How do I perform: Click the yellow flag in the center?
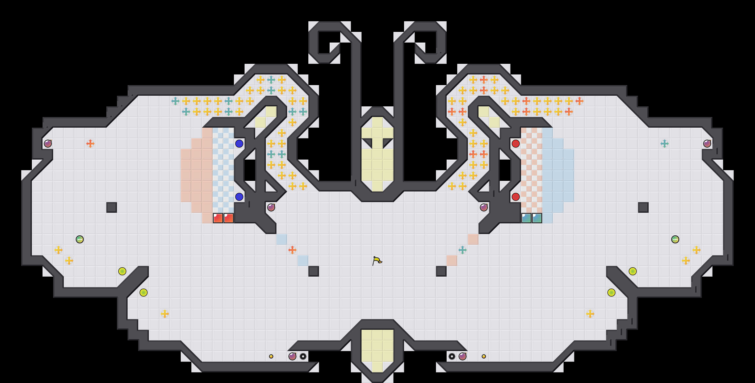377,260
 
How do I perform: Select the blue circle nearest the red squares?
239,197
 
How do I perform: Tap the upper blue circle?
239,143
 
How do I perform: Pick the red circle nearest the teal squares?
515,197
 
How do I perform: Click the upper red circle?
515,143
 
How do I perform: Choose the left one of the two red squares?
218,218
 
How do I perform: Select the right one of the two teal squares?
537,218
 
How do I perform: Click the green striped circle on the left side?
80,239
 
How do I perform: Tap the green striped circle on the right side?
675,239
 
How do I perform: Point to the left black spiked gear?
303,356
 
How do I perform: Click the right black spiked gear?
452,356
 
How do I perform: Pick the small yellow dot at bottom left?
271,356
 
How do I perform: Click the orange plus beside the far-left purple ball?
90,143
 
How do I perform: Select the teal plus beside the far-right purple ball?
664,143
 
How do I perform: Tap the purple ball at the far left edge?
48,143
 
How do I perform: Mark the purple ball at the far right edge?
707,143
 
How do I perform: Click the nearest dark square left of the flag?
314,271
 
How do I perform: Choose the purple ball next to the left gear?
292,356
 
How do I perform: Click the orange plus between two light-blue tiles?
292,250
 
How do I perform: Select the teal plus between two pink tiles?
463,250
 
